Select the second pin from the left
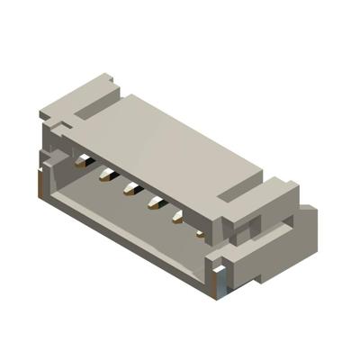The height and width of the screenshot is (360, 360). (x=106, y=175)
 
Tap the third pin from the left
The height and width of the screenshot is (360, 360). (x=130, y=189)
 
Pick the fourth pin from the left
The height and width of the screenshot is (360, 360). (x=154, y=202)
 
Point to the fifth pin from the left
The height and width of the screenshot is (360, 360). (x=177, y=217)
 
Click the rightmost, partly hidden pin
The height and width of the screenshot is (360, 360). (x=199, y=231)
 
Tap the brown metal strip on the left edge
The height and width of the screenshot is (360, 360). (x=38, y=185)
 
